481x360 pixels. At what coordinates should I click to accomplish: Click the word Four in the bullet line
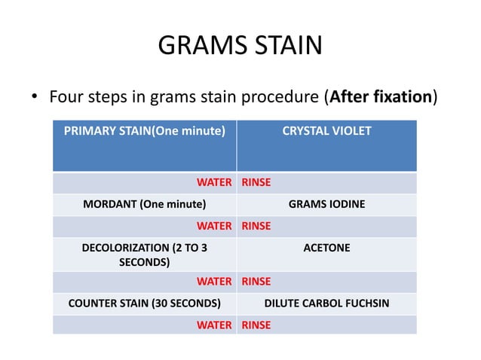(x=66, y=98)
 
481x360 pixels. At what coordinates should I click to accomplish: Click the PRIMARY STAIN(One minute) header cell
(x=144, y=131)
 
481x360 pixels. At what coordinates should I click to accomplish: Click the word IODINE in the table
(x=346, y=204)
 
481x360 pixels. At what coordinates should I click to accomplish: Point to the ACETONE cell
(x=326, y=247)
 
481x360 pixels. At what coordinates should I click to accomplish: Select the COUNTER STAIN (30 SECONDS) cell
(x=144, y=304)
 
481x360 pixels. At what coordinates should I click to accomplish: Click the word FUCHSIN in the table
(x=365, y=304)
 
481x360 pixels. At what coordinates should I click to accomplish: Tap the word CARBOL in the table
(x=319, y=304)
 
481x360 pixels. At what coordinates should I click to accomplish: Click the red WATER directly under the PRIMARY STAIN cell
(x=214, y=182)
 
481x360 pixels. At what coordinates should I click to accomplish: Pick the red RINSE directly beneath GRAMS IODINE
(x=256, y=225)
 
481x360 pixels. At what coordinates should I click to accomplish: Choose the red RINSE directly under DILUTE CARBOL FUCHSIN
(x=256, y=325)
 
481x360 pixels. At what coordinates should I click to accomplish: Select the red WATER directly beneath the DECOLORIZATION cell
(x=214, y=282)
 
